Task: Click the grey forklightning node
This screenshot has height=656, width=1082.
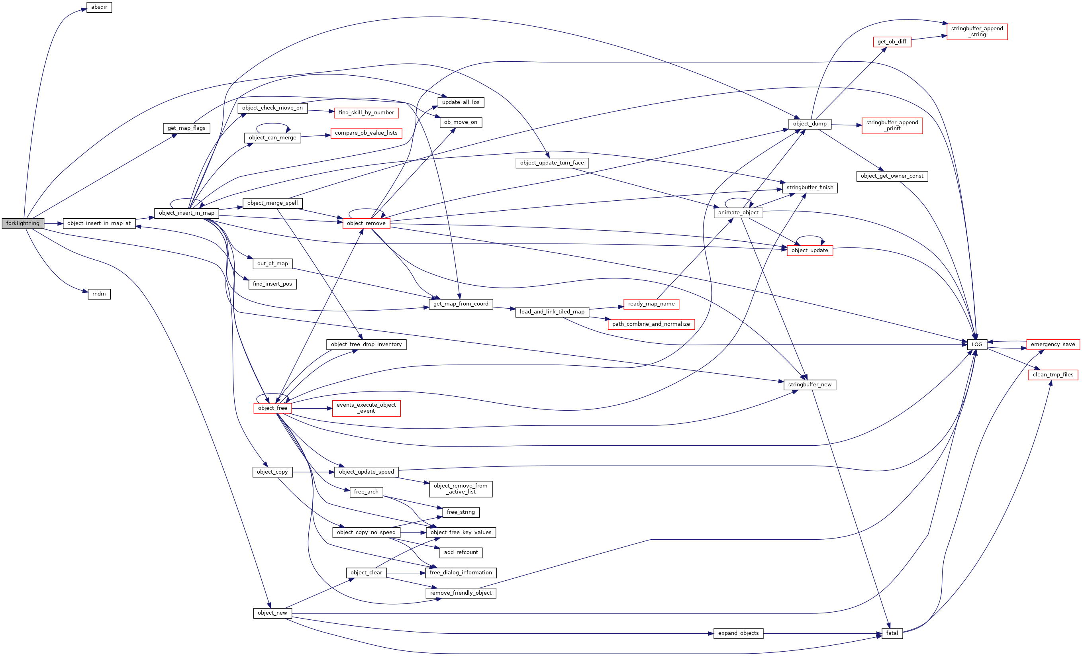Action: [x=23, y=223]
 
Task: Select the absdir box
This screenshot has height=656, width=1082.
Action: [x=99, y=8]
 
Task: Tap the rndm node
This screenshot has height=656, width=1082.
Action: [x=99, y=294]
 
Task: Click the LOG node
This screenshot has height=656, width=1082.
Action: [x=976, y=345]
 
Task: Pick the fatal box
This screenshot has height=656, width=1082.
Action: [x=892, y=633]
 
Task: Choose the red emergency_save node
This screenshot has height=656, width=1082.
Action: [x=1053, y=345]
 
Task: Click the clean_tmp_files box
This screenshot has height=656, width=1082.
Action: [x=1053, y=374]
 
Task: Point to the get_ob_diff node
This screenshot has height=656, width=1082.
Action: [x=892, y=42]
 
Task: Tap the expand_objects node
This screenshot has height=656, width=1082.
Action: [x=738, y=633]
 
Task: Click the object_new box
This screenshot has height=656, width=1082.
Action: [x=272, y=613]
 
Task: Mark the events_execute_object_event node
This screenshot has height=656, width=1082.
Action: [x=366, y=408]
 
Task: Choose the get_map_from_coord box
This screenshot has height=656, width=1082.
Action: [x=461, y=304]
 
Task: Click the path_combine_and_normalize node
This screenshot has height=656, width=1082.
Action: [x=651, y=324]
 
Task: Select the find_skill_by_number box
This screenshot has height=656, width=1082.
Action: [x=366, y=113]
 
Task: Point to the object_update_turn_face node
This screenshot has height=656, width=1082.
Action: [x=552, y=163]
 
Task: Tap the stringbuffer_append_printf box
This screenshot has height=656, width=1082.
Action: [x=892, y=125]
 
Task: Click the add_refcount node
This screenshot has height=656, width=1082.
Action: [x=461, y=552]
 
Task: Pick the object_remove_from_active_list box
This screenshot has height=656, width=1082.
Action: [x=461, y=489]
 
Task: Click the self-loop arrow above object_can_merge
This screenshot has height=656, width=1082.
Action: [x=272, y=124]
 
